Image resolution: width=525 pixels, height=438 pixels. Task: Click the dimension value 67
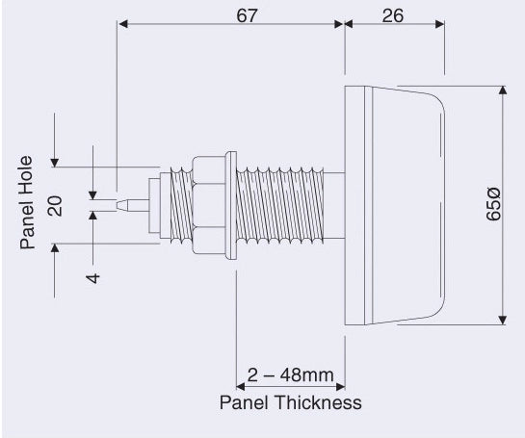[248, 15]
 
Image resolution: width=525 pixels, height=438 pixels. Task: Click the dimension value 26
[393, 15]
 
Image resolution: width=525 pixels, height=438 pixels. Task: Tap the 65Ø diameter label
[494, 204]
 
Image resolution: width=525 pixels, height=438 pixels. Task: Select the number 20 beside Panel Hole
[56, 206]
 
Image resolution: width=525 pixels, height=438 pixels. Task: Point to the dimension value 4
[93, 278]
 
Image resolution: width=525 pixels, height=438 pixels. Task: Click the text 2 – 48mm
[290, 375]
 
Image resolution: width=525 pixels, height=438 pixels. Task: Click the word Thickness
[319, 402]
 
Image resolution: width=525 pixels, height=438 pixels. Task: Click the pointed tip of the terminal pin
[118, 205]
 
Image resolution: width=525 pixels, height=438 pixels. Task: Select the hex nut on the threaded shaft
[209, 205]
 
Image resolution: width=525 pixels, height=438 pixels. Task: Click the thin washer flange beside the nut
[231, 205]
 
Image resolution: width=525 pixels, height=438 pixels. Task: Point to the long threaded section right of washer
[280, 205]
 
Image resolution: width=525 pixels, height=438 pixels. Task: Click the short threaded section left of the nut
[181, 205]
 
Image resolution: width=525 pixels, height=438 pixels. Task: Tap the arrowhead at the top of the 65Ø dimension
[502, 90]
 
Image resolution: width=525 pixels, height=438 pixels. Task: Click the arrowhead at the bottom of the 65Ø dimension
[502, 321]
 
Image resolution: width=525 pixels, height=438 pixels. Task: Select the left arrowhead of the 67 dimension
[123, 24]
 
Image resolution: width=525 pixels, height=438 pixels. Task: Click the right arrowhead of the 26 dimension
[440, 24]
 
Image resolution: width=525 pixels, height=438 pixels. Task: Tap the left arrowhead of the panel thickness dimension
[241, 387]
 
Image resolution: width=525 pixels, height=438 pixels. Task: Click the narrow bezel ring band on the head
[368, 205]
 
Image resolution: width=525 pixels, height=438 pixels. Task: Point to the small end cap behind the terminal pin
[154, 205]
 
